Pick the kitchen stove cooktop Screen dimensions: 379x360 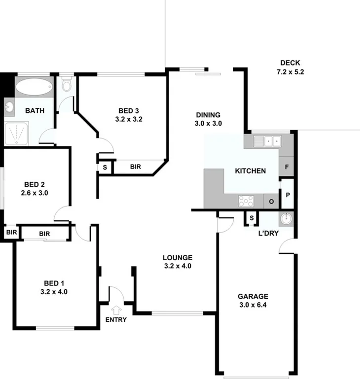(246, 201)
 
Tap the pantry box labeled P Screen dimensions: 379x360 (288, 194)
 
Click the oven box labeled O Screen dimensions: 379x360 (271, 201)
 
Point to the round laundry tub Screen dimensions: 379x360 (286, 218)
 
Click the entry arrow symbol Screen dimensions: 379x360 (116, 310)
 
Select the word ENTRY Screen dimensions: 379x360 (116, 319)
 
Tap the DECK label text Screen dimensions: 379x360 (290, 63)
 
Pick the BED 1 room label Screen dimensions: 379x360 (54, 283)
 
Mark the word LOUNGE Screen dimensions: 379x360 (178, 257)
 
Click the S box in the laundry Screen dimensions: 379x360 (252, 218)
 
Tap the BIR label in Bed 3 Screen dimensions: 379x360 (136, 167)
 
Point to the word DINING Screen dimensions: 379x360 (207, 115)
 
